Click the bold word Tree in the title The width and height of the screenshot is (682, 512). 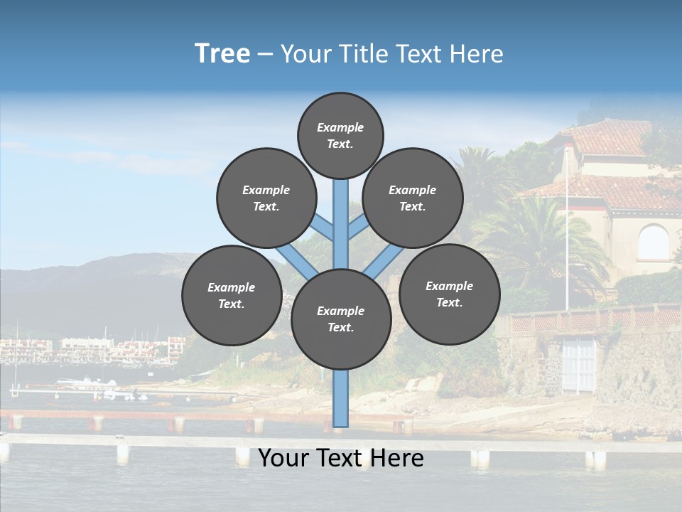pyautogui.click(x=222, y=54)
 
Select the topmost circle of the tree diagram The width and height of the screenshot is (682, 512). pyautogui.click(x=340, y=135)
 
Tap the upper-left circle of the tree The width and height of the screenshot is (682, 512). pyautogui.click(x=266, y=198)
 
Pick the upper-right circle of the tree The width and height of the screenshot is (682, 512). pyautogui.click(x=413, y=198)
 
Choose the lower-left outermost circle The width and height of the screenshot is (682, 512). pyautogui.click(x=232, y=295)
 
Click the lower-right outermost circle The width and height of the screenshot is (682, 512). pyautogui.click(x=450, y=294)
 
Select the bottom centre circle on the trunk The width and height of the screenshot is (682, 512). pyautogui.click(x=341, y=319)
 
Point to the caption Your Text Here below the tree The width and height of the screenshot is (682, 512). pyautogui.click(x=340, y=458)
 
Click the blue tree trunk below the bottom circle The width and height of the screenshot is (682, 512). pyautogui.click(x=341, y=398)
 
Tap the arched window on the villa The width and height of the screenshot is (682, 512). pyautogui.click(x=653, y=242)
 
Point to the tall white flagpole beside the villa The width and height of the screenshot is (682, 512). pyautogui.click(x=567, y=235)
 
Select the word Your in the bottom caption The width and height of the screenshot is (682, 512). pyautogui.click(x=283, y=458)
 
